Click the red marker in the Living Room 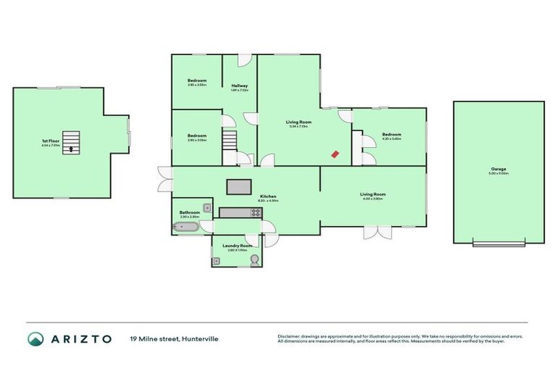click(334, 153)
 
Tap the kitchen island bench click(238, 187)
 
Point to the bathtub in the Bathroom click(187, 228)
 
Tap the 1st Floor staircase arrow click(71, 149)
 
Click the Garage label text click(499, 169)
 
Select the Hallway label click(240, 86)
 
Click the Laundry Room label click(238, 246)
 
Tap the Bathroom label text click(190, 212)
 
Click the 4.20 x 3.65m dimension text click(392, 139)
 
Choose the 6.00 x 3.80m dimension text click(374, 199)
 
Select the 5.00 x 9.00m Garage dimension click(499, 174)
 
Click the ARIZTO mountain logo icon click(35, 338)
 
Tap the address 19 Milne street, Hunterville click(174, 338)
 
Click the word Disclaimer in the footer click(290, 336)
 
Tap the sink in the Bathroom click(207, 208)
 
